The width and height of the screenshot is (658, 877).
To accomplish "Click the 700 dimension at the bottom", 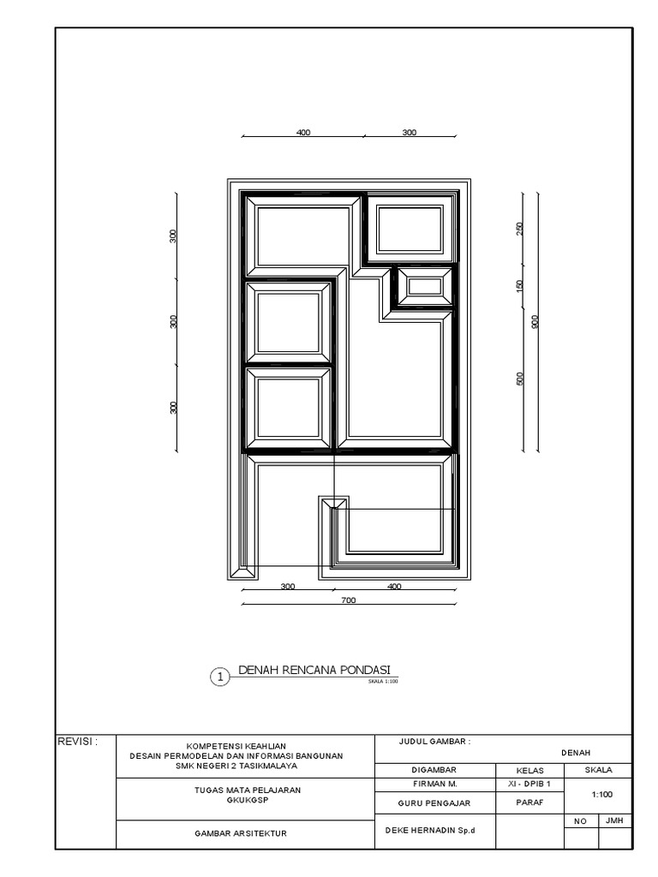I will pos(348,600).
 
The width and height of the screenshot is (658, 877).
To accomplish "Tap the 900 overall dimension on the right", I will pos(534,322).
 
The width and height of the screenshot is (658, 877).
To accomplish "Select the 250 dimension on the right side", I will pos(519,229).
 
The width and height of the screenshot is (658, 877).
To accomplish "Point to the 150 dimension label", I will pos(519,286).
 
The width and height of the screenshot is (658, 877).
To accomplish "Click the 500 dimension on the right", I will pos(519,379).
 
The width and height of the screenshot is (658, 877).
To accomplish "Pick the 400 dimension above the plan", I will pos(302,133).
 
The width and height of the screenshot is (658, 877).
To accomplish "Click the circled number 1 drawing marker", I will pos(220,677).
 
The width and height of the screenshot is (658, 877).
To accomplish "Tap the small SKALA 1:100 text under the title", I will pos(382,682).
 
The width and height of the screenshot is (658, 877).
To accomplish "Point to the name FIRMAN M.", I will pos(435,784).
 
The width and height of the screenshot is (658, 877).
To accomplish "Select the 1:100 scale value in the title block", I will pos(601,795).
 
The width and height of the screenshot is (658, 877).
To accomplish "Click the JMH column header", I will pos(614,820).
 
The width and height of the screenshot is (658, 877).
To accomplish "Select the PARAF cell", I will pos(526,802).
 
